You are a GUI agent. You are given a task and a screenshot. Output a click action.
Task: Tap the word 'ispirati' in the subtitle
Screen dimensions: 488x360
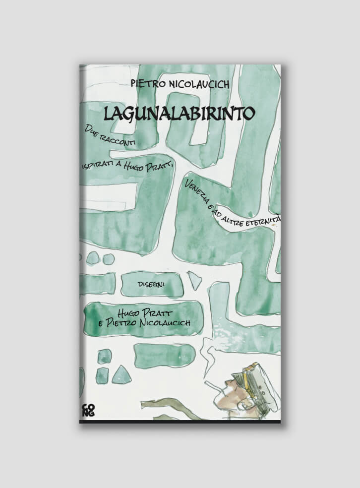point(98,164)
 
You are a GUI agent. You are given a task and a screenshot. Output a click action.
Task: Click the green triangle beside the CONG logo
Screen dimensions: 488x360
point(120,375)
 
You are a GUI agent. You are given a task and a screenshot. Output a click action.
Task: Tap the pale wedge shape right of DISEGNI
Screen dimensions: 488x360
point(195,281)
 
